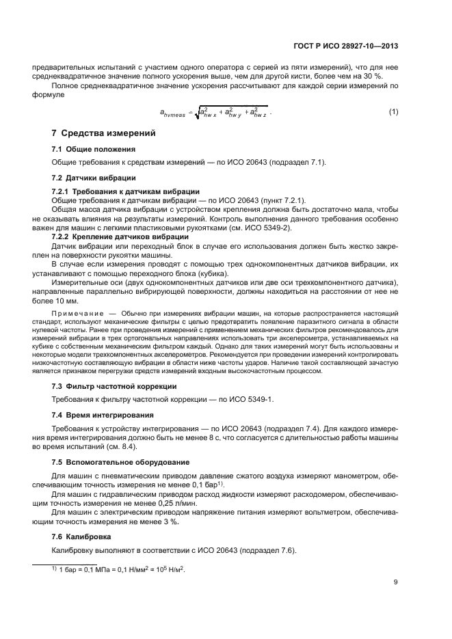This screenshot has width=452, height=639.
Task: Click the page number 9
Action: pyautogui.click(x=396, y=582)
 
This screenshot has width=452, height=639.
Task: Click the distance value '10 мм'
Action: pyautogui.click(x=68, y=301)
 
